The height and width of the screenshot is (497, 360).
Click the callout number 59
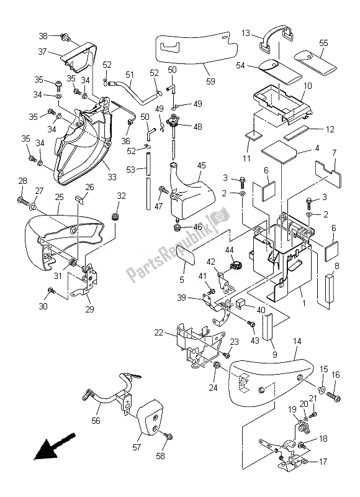(x=210, y=81)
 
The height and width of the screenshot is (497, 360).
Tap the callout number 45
(x=201, y=165)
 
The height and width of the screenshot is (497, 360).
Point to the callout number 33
(x=112, y=177)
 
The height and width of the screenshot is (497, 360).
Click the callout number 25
(x=59, y=197)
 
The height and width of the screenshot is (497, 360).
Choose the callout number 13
(x=246, y=33)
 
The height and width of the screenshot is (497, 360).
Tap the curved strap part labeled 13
(x=276, y=37)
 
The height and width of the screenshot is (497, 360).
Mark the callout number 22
(x=159, y=333)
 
